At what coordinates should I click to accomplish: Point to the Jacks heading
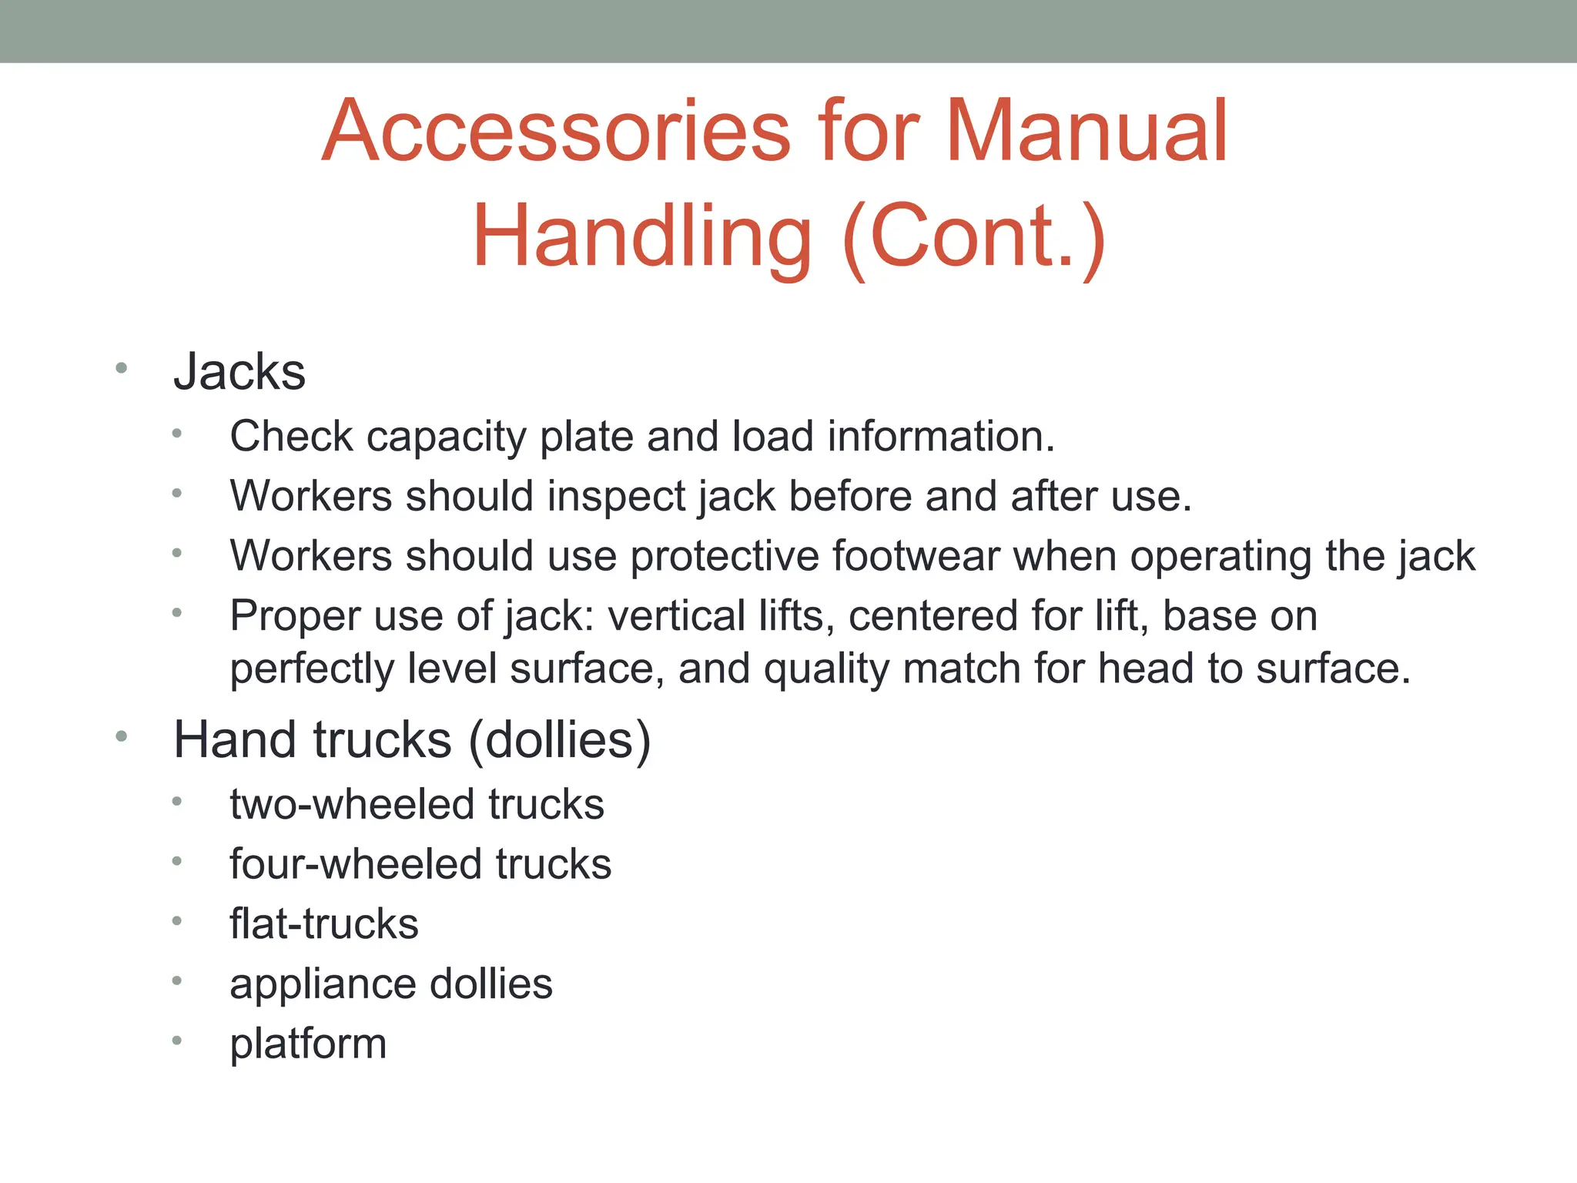pyautogui.click(x=239, y=372)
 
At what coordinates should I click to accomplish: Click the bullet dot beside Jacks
pyautogui.click(x=121, y=368)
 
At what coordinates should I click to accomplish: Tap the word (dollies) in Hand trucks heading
pyautogui.click(x=560, y=740)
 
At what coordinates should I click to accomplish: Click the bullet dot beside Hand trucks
pyautogui.click(x=121, y=737)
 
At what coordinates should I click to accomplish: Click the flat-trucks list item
pyautogui.click(x=324, y=923)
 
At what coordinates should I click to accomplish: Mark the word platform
pyautogui.click(x=308, y=1044)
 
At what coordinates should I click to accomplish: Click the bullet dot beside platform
pyautogui.click(x=176, y=1041)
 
